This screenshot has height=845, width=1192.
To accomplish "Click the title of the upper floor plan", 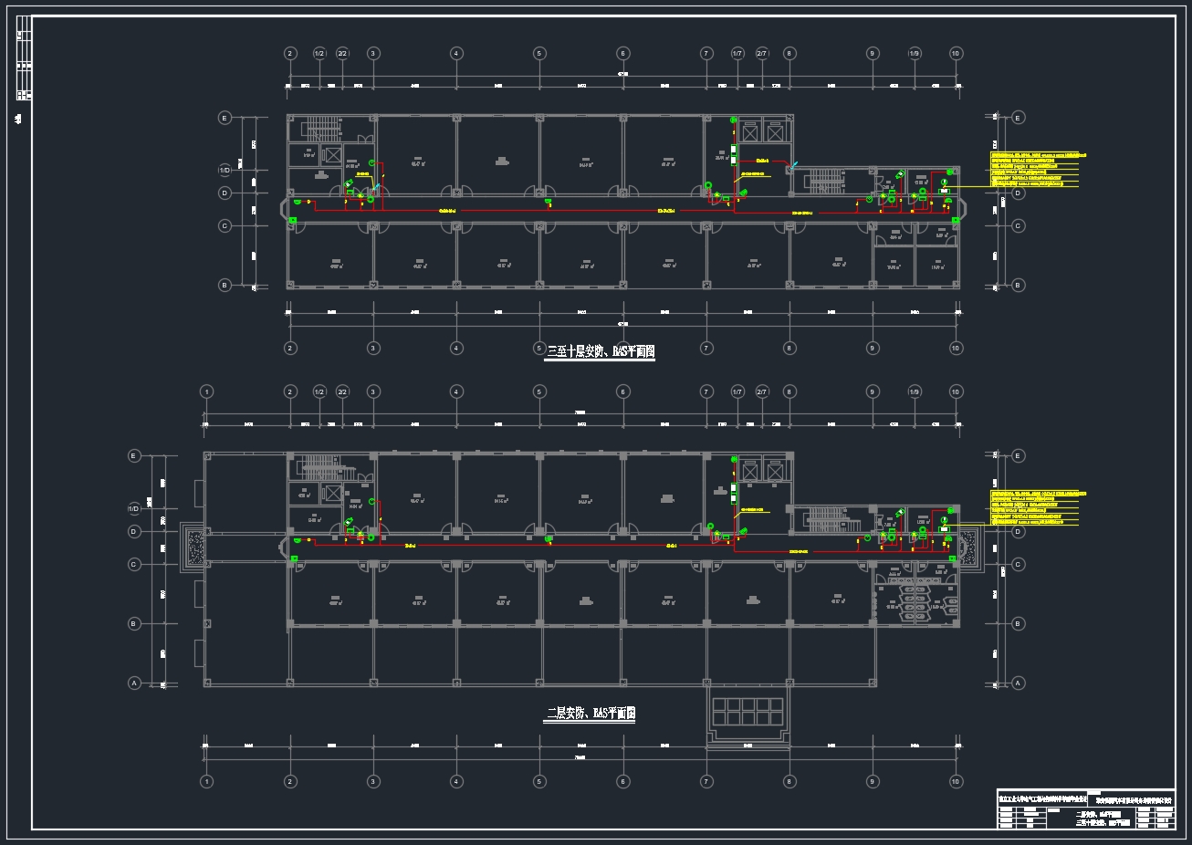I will pos(601,351).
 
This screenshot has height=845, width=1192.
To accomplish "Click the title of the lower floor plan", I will pos(591,714).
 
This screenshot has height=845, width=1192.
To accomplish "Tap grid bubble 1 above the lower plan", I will pos(207,391).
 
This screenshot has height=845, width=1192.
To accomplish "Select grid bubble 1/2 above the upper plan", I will pos(319,54).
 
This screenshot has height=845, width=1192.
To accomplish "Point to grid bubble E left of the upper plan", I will pos(225,118).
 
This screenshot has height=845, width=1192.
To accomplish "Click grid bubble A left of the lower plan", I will pos(134,683).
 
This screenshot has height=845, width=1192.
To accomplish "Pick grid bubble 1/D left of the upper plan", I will pos(225,171).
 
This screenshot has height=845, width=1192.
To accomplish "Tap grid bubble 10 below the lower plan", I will pos(956,781).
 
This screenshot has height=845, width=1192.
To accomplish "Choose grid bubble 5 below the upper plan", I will pos(539,348).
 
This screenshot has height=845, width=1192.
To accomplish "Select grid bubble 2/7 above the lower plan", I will pos(761,391).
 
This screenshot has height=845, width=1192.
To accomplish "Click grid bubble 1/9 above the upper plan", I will pos(915,54).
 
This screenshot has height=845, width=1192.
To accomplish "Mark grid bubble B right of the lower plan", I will pos(1019,624).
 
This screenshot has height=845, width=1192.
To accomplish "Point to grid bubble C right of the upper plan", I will pos(1019,225).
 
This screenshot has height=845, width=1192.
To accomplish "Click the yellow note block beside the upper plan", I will pos(1040,169).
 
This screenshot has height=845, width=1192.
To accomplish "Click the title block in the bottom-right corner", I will pos(1086,808).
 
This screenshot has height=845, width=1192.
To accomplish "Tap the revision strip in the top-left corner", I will pos(25,58).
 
